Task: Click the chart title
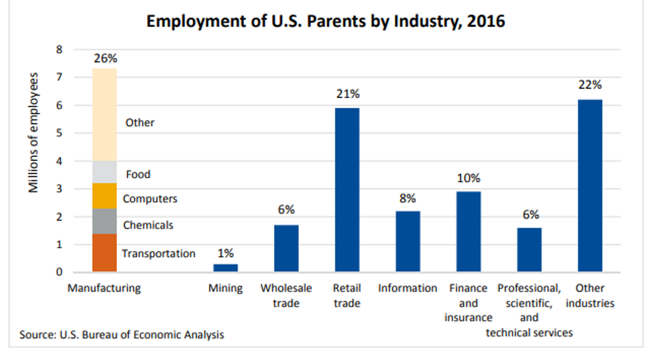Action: click(325, 21)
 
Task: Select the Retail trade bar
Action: click(346, 190)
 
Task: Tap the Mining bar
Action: click(225, 267)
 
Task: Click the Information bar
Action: click(407, 241)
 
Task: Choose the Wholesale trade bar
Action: click(286, 248)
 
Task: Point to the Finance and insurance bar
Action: click(468, 231)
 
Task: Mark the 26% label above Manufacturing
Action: click(105, 58)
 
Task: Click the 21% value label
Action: click(347, 94)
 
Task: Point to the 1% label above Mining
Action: click(225, 252)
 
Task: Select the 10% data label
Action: click(468, 178)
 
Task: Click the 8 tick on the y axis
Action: click(58, 49)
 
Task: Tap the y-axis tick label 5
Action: click(58, 133)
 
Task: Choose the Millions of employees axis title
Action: click(34, 132)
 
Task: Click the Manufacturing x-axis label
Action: click(104, 288)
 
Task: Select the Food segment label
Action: click(138, 174)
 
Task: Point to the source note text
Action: click(122, 335)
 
